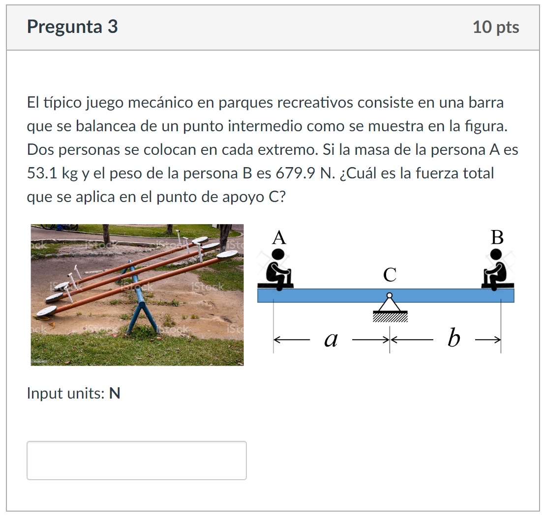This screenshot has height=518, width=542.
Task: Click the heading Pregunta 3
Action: (x=72, y=27)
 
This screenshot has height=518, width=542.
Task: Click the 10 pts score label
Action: (x=495, y=27)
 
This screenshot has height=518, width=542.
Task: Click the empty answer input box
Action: (x=136, y=460)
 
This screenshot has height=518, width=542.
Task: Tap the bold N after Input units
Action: (x=115, y=394)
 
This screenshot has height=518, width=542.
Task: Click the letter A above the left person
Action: (x=278, y=238)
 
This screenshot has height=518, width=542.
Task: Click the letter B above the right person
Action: (x=497, y=238)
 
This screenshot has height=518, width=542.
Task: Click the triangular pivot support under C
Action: (x=390, y=306)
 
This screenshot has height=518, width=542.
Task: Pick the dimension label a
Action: (x=331, y=339)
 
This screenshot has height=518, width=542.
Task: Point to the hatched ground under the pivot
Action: (x=390, y=317)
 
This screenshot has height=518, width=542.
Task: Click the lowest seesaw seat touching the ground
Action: (x=47, y=311)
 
